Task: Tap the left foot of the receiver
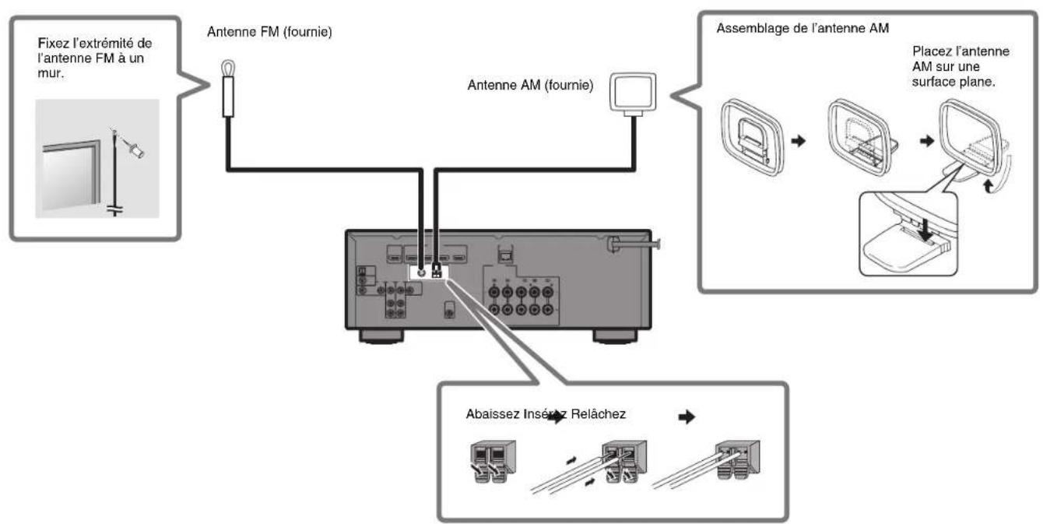point(381,337)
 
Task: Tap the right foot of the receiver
point(615,337)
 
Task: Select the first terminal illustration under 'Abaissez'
point(488,466)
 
